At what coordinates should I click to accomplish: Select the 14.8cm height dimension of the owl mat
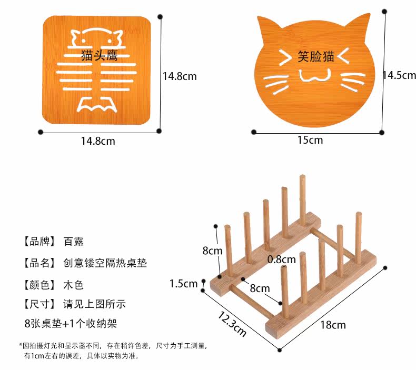point(179,76)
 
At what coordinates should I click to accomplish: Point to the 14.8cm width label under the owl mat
point(98,141)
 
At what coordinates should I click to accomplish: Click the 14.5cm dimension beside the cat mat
point(399,75)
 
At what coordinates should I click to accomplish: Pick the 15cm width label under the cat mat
point(310,140)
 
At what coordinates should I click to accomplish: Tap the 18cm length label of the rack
point(333,324)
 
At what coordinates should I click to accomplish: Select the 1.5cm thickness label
point(184,284)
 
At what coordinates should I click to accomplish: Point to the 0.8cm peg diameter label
point(282,259)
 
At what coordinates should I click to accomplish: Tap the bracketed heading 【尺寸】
point(39,304)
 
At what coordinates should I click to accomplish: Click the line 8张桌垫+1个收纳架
point(71,323)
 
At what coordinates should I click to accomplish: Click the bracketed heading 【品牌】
point(39,242)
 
